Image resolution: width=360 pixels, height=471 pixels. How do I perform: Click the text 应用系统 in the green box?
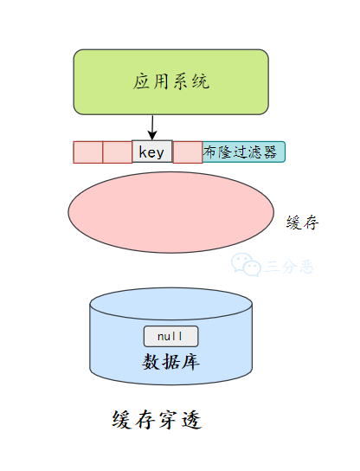tap(171, 83)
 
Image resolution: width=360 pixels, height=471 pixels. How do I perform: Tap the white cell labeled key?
tap(152, 152)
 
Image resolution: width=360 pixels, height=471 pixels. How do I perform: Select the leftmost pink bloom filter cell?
tap(87, 152)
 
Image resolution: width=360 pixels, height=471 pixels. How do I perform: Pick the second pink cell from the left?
tap(117, 152)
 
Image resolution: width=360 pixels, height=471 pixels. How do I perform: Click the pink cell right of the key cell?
tap(187, 152)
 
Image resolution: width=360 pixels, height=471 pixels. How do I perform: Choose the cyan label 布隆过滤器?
tap(243, 152)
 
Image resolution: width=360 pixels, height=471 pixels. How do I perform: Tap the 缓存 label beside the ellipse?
tap(303, 223)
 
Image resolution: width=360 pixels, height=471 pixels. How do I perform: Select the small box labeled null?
tap(170, 336)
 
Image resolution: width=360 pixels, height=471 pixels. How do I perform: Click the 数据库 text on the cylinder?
tap(170, 360)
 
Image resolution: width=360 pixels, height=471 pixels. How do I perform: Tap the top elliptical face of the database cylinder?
tap(170, 303)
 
